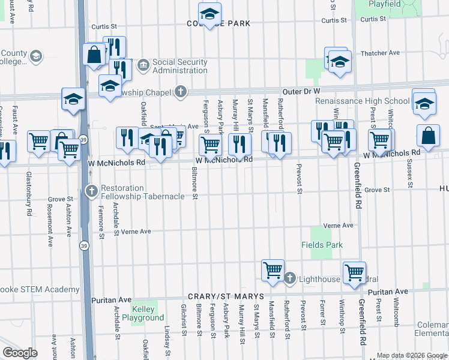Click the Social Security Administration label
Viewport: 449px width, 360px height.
(x=179, y=66)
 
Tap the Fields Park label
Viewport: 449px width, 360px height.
(x=322, y=245)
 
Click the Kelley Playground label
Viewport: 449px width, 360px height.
(x=142, y=313)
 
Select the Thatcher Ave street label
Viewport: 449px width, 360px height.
(x=381, y=53)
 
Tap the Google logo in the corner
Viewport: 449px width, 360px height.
(x=20, y=352)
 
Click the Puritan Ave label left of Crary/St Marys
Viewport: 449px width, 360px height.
(x=112, y=299)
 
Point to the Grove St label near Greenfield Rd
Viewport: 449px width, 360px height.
(x=377, y=190)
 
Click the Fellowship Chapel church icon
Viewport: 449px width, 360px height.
(x=180, y=92)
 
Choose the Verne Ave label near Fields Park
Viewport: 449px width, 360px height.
(x=339, y=225)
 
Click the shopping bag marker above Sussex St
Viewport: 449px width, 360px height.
(x=430, y=136)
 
